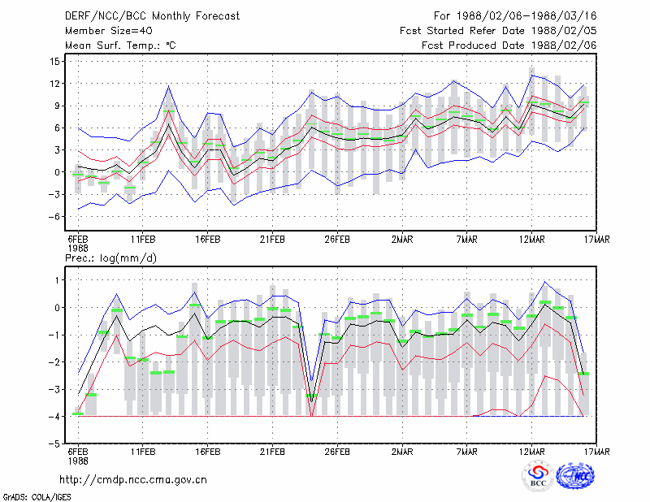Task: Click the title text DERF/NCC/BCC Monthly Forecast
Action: pyautogui.click(x=152, y=16)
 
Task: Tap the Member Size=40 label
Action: pyautogui.click(x=109, y=31)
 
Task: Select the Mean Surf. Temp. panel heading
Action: pyautogui.click(x=120, y=45)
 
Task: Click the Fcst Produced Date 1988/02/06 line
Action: pyautogui.click(x=509, y=45)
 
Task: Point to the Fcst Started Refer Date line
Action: pyautogui.click(x=498, y=31)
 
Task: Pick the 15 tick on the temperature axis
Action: pyautogui.click(x=54, y=62)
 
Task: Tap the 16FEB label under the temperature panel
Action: pyautogui.click(x=208, y=239)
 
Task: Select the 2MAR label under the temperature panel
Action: pyautogui.click(x=402, y=239)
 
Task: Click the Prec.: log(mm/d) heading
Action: pyautogui.click(x=110, y=258)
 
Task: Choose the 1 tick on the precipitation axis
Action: pyautogui.click(x=57, y=280)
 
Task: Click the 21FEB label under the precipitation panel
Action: pyautogui.click(x=272, y=452)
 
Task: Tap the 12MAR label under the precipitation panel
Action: pyautogui.click(x=532, y=452)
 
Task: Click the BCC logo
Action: pyautogui.click(x=538, y=477)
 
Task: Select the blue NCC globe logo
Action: pyautogui.click(x=575, y=477)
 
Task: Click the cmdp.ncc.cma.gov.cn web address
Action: pyautogui.click(x=133, y=480)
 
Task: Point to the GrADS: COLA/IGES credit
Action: pyautogui.click(x=37, y=497)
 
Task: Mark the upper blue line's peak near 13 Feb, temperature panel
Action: pyautogui.click(x=169, y=86)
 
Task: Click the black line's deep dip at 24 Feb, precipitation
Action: pyautogui.click(x=311, y=402)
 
